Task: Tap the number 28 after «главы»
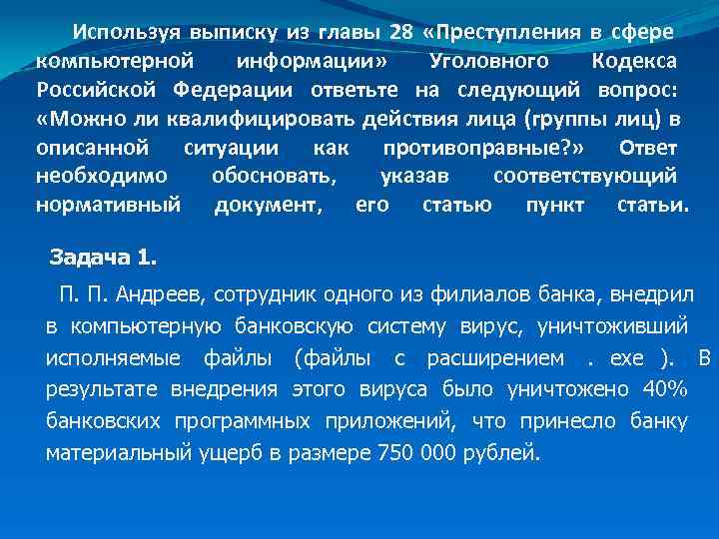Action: click(x=401, y=32)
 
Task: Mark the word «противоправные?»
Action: click(x=481, y=148)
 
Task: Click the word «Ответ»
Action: click(x=648, y=148)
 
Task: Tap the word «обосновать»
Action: click(x=274, y=177)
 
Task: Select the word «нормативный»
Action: click(x=108, y=206)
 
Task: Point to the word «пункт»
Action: click(x=554, y=206)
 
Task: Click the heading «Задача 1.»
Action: click(x=104, y=259)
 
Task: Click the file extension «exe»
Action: click(x=617, y=357)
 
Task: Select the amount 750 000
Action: click(x=413, y=452)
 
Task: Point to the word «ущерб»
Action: click(x=232, y=452)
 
